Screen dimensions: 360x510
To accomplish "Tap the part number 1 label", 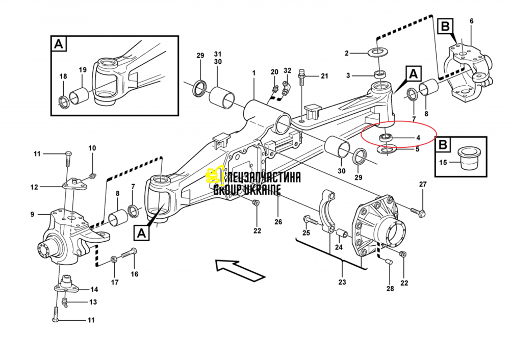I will coord(253,74).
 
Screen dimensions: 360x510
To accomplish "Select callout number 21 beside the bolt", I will coord(324,76).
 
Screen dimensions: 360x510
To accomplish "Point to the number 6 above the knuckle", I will coord(471,21).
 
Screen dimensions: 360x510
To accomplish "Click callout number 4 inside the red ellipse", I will coord(418,138).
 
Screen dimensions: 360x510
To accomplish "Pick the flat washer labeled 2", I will coord(378,53).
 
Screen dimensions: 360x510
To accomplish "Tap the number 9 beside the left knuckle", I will coord(32,214).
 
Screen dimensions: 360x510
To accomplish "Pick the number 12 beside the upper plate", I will coord(34,187).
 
